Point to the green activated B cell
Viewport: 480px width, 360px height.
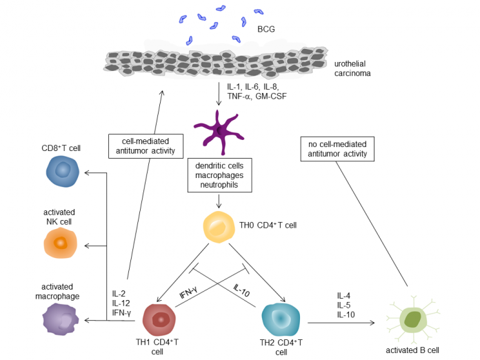414,319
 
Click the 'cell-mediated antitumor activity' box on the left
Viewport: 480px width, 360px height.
145,146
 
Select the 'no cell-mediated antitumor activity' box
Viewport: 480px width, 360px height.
337,148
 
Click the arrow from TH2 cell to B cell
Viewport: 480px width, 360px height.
338,322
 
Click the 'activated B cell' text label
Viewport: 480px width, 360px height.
413,350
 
